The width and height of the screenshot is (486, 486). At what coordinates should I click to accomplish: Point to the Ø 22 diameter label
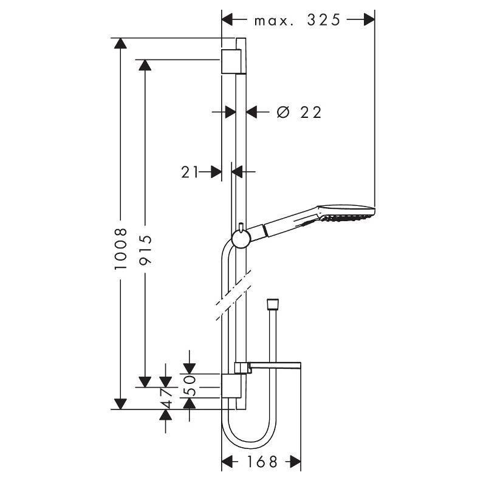(298, 112)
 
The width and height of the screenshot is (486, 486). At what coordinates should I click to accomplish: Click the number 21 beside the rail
(190, 172)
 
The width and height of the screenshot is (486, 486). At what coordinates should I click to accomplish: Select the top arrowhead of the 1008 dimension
(121, 44)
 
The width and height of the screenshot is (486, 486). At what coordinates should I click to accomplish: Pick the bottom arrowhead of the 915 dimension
(145, 381)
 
